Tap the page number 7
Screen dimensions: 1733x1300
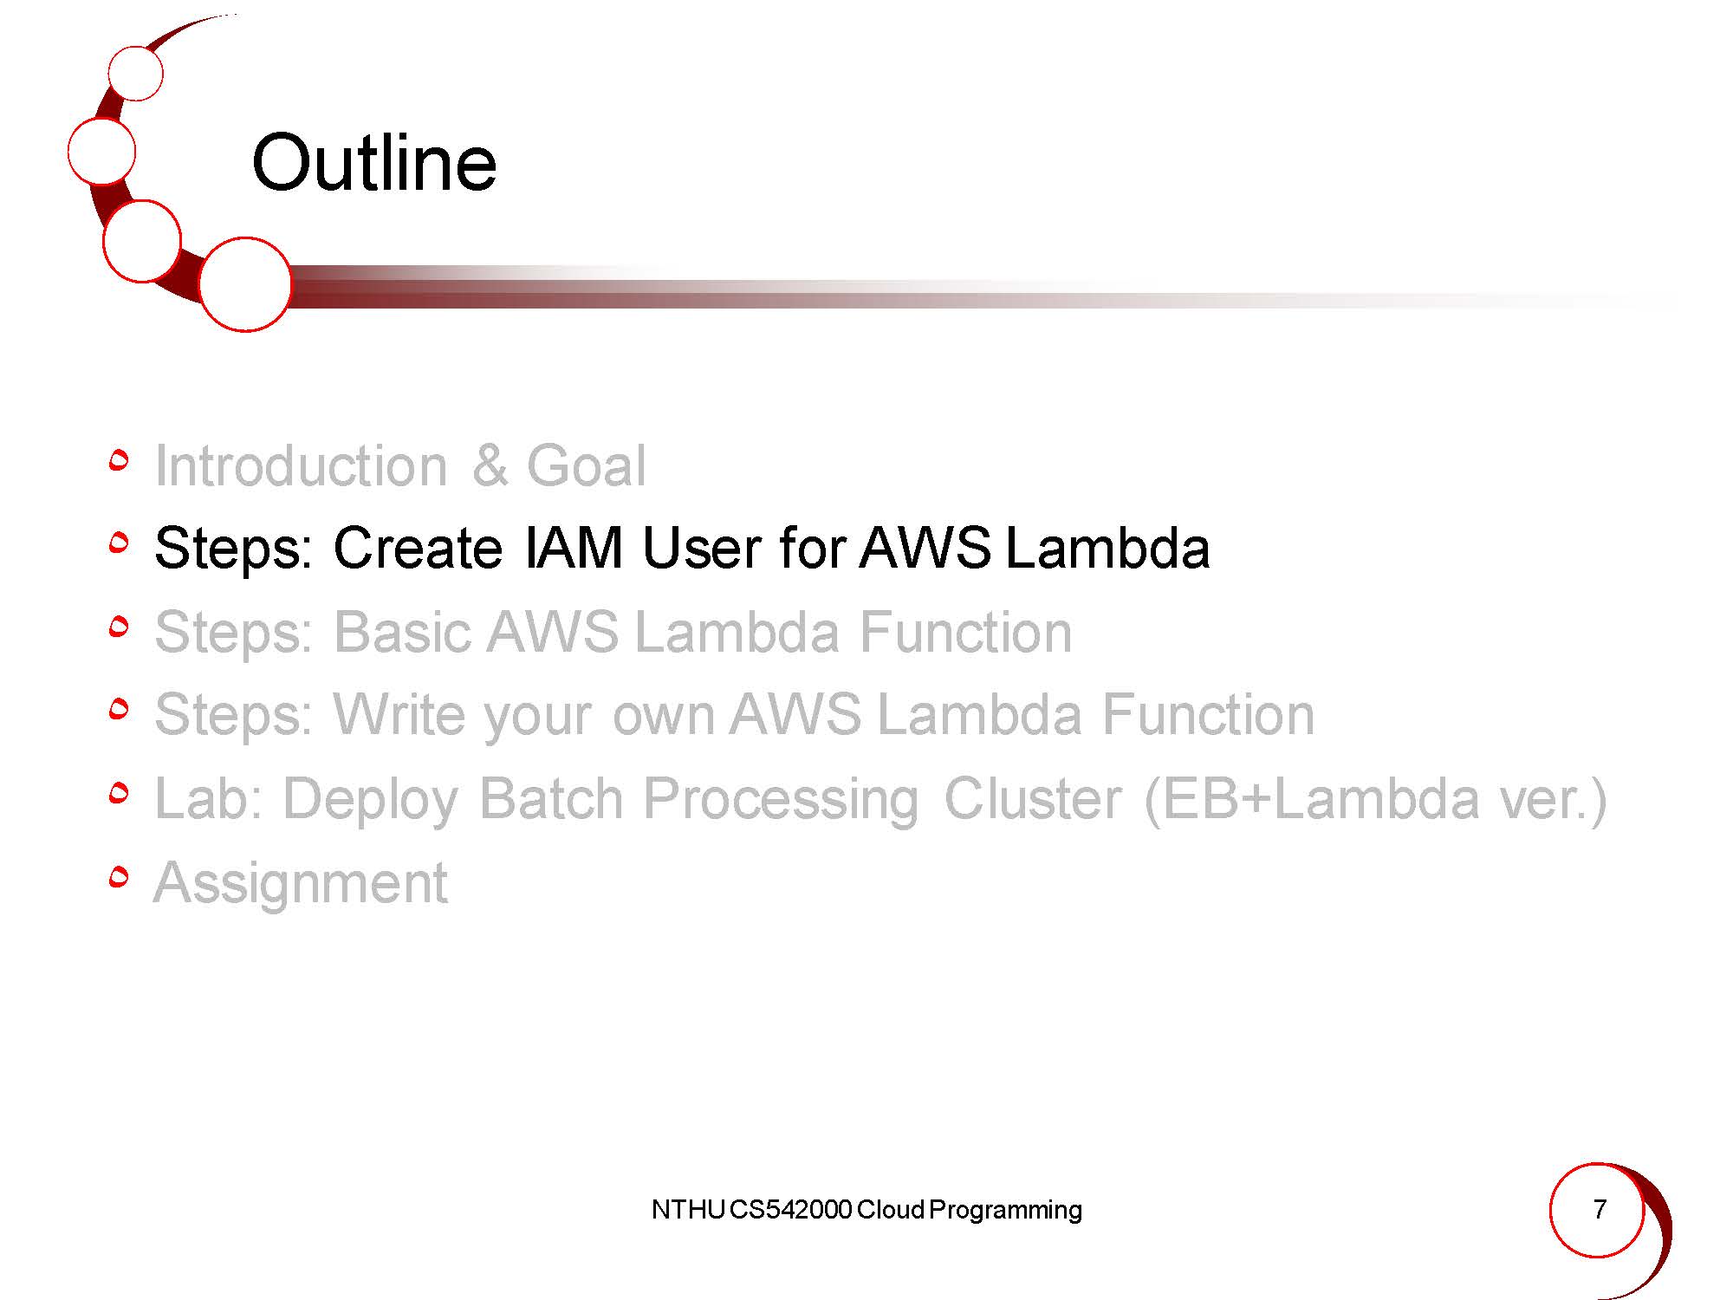[1600, 1208]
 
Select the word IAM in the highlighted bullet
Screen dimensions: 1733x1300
[574, 548]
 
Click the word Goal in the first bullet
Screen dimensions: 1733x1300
[586, 465]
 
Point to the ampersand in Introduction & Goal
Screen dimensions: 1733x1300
[490, 465]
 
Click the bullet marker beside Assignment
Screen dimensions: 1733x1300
[120, 877]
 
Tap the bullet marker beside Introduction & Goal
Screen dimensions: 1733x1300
[120, 460]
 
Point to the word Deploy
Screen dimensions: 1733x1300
[371, 798]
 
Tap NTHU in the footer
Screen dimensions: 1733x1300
[688, 1209]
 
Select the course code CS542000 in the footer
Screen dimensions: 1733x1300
[790, 1209]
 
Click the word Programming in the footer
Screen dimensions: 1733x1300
[1005, 1211]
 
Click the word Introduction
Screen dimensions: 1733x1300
[301, 465]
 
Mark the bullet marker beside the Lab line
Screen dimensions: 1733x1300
[120, 793]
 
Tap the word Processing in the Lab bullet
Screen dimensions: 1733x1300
[781, 798]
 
